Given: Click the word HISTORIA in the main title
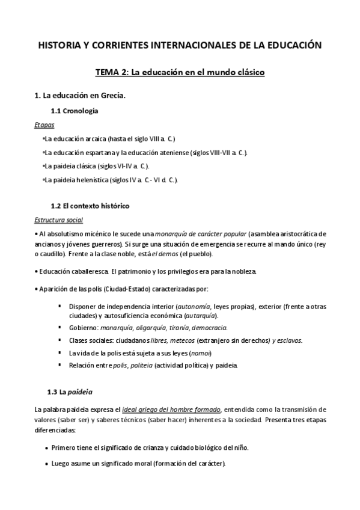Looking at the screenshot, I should [59, 45].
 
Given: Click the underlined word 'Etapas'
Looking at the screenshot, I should [44, 125].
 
